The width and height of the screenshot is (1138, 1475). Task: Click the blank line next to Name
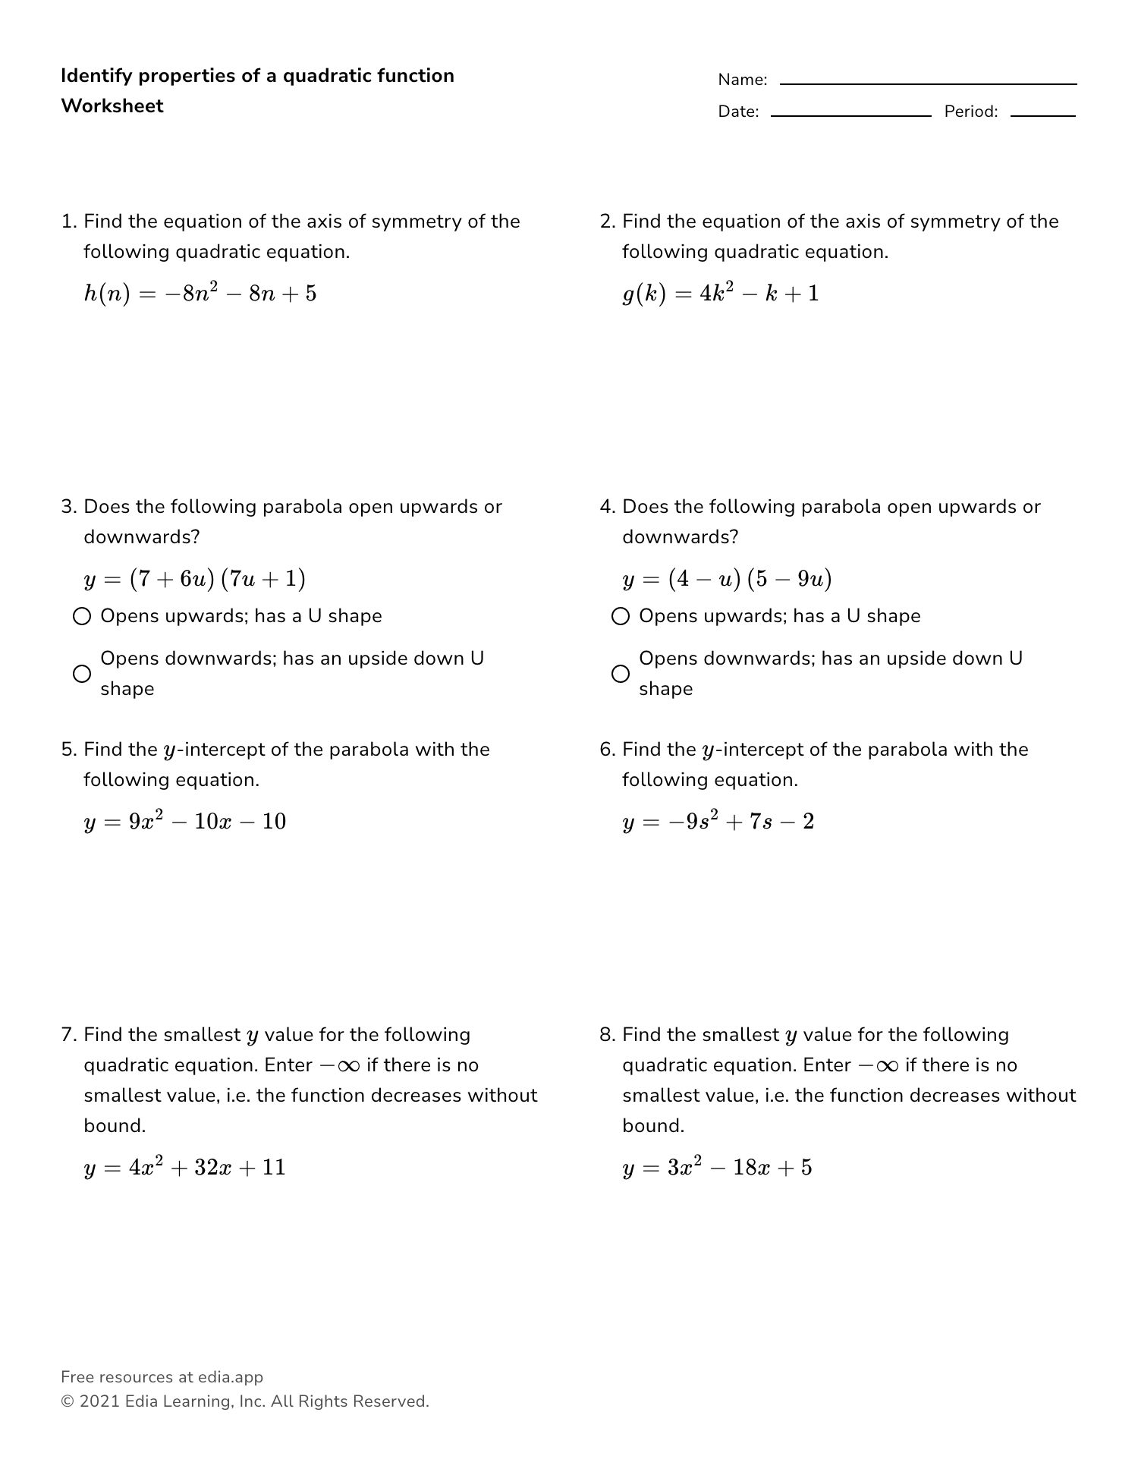(928, 83)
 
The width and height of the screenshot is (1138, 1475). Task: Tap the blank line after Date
(850, 115)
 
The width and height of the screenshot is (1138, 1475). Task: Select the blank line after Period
(1042, 115)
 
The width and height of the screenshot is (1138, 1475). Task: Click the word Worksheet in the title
(112, 106)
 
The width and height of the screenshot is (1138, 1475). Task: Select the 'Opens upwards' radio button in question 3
(82, 616)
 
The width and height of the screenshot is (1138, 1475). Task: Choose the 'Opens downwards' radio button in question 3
(82, 674)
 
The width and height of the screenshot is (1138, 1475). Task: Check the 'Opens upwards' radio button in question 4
(621, 616)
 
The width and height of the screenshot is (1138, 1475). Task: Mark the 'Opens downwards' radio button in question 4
(621, 674)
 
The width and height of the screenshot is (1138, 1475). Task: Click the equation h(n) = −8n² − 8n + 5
(200, 294)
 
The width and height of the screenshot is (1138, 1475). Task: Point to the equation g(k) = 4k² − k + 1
(721, 294)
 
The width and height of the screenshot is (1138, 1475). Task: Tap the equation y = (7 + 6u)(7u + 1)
(195, 580)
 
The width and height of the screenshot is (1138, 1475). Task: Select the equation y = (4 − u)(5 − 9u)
(727, 580)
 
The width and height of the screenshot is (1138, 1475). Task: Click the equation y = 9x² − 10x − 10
(185, 822)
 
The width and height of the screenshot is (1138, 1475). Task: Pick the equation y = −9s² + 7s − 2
(718, 822)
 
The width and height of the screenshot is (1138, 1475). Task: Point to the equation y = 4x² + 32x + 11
(185, 1168)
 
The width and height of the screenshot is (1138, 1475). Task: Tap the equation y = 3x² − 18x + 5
(717, 1168)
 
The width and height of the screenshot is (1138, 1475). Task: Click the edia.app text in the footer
(231, 1377)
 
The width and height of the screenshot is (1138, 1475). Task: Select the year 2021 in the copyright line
(99, 1401)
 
